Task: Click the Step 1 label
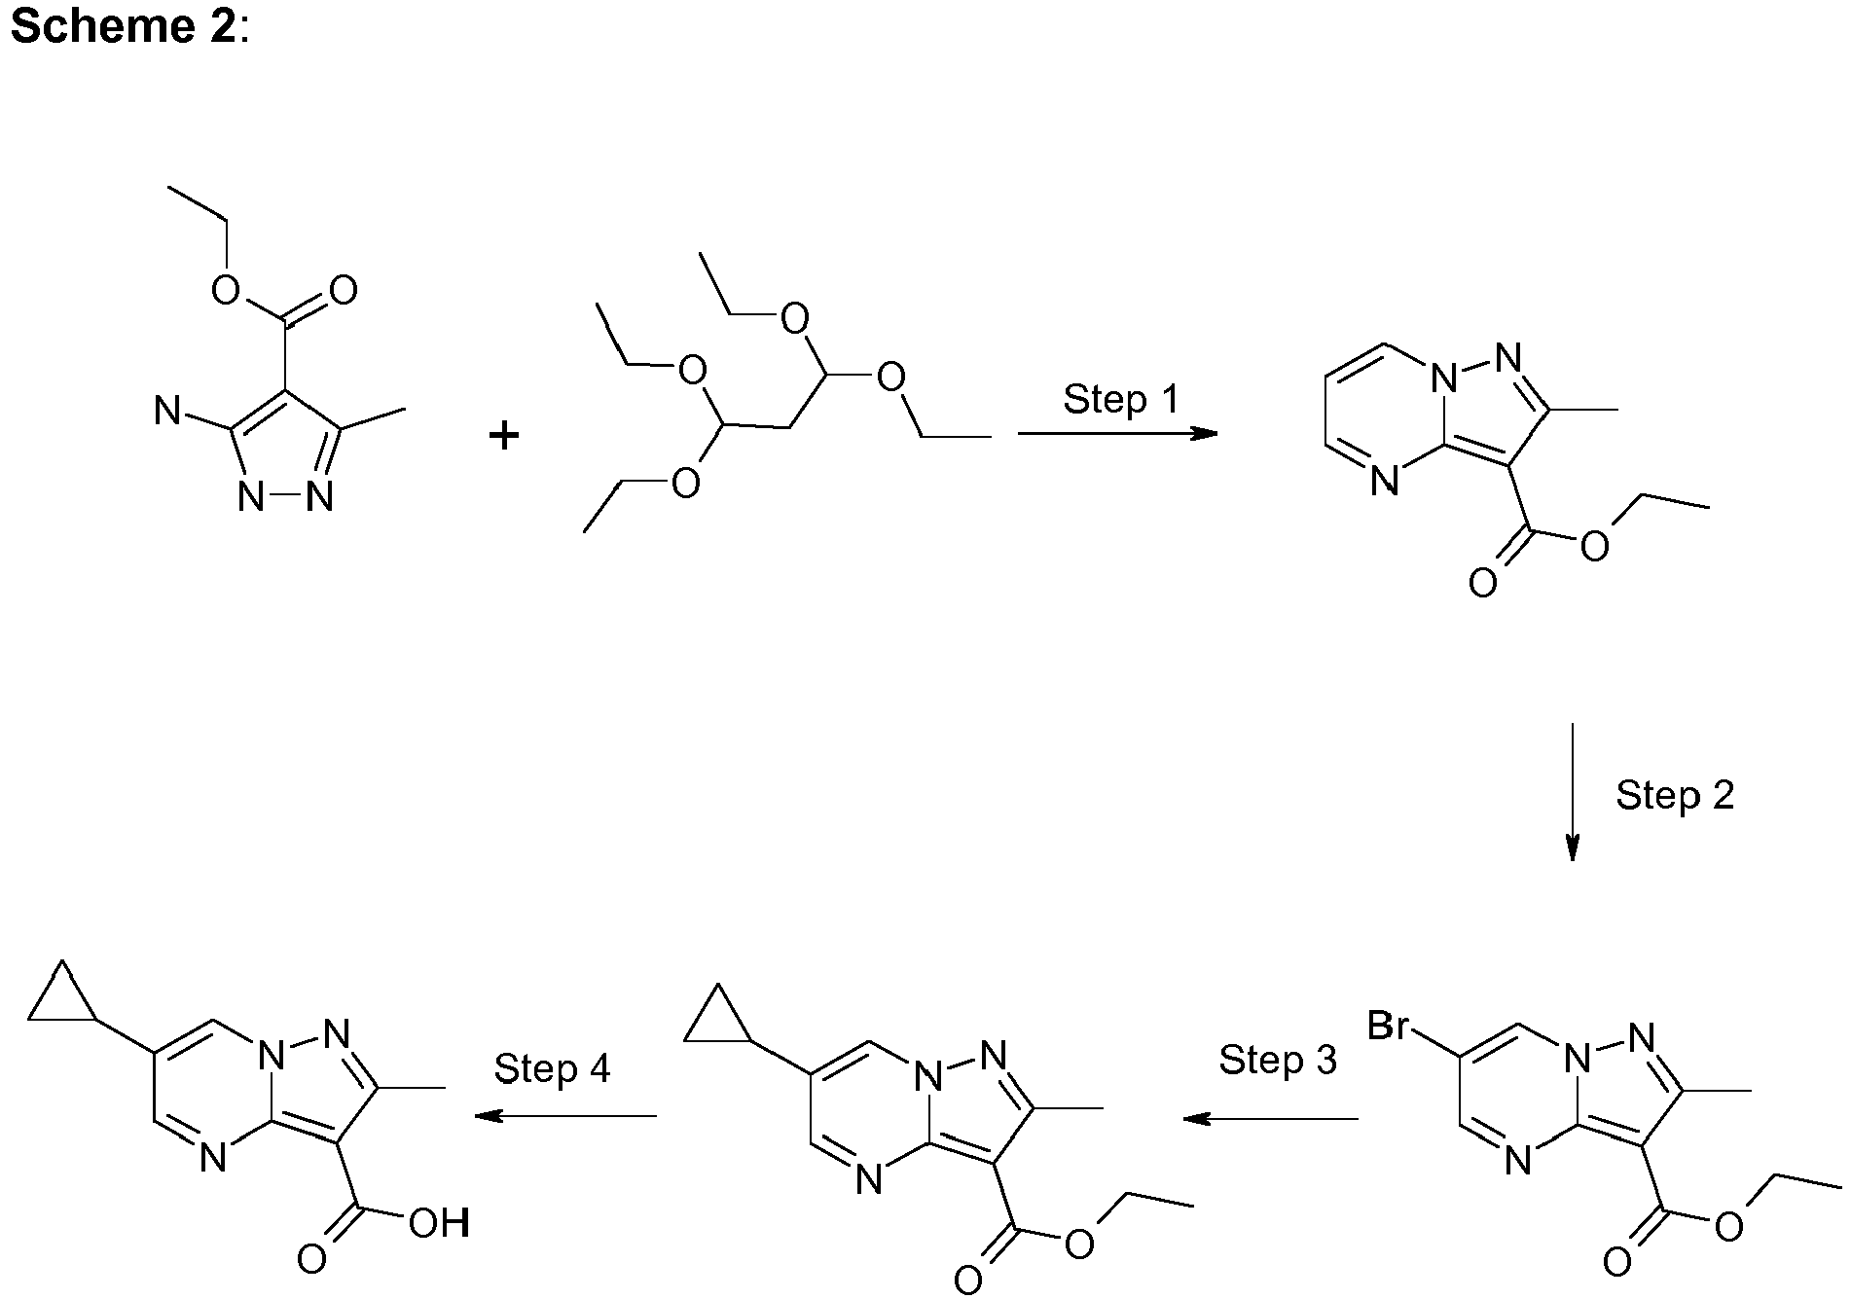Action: pos(1120,399)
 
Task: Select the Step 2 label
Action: pos(1675,795)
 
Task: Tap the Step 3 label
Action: pos(1278,1059)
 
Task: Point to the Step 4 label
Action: pos(552,1067)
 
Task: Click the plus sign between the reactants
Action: pos(504,435)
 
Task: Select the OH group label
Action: pos(439,1223)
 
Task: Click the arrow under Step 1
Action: pos(1117,433)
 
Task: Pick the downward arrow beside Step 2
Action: pos(1571,792)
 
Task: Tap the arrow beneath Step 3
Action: pos(1270,1119)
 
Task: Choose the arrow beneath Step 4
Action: pos(564,1116)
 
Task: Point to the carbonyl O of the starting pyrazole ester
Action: pos(343,290)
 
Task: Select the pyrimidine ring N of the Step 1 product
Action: pos(1384,481)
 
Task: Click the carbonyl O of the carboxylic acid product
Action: pos(311,1260)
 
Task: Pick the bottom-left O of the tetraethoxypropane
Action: pos(686,483)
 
